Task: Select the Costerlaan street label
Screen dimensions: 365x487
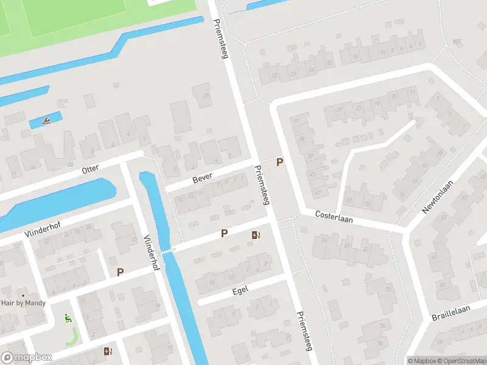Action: (334, 217)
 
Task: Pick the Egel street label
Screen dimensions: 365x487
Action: (241, 293)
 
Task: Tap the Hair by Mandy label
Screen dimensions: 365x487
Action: (23, 302)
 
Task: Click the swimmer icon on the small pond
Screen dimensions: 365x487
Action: (46, 121)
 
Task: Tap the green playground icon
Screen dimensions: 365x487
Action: (68, 318)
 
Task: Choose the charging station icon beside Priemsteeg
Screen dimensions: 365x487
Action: (255, 234)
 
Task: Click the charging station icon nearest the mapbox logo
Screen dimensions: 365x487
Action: (108, 351)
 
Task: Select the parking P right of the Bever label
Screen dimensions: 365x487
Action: (279, 162)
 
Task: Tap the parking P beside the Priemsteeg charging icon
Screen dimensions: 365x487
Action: (224, 233)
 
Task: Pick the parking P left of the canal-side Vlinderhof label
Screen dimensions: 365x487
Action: (120, 273)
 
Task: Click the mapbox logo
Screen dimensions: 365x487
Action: (26, 357)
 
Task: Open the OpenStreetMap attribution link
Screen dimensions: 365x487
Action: (461, 361)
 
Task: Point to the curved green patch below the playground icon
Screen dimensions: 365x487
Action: (72, 336)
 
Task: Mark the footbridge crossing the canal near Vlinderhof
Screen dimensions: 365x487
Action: (166, 250)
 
